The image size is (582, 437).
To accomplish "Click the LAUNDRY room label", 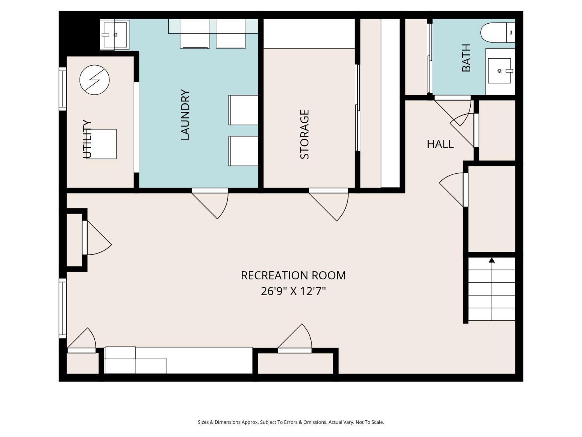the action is [x=185, y=115].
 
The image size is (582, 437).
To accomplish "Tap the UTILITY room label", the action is [x=87, y=139].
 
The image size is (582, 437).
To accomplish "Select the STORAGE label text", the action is [x=305, y=134].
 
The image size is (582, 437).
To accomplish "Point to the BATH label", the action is [x=466, y=58].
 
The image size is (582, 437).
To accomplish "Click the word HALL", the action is [x=440, y=144].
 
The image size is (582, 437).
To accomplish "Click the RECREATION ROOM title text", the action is [x=293, y=275].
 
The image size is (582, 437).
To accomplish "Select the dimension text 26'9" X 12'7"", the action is [x=293, y=291].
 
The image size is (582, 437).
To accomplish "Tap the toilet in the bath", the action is [x=498, y=32].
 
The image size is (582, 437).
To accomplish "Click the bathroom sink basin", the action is [x=499, y=71].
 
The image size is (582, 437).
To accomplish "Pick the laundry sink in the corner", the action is [x=114, y=35].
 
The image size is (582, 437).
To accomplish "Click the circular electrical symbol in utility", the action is [x=94, y=80].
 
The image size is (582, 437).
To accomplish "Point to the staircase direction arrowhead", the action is [x=492, y=260].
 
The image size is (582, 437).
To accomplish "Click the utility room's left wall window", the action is [x=62, y=89].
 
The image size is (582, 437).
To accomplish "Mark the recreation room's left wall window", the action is [x=62, y=308].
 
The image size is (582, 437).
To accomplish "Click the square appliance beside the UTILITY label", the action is [x=102, y=144].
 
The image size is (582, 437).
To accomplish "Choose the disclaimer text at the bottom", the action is [x=291, y=422].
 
